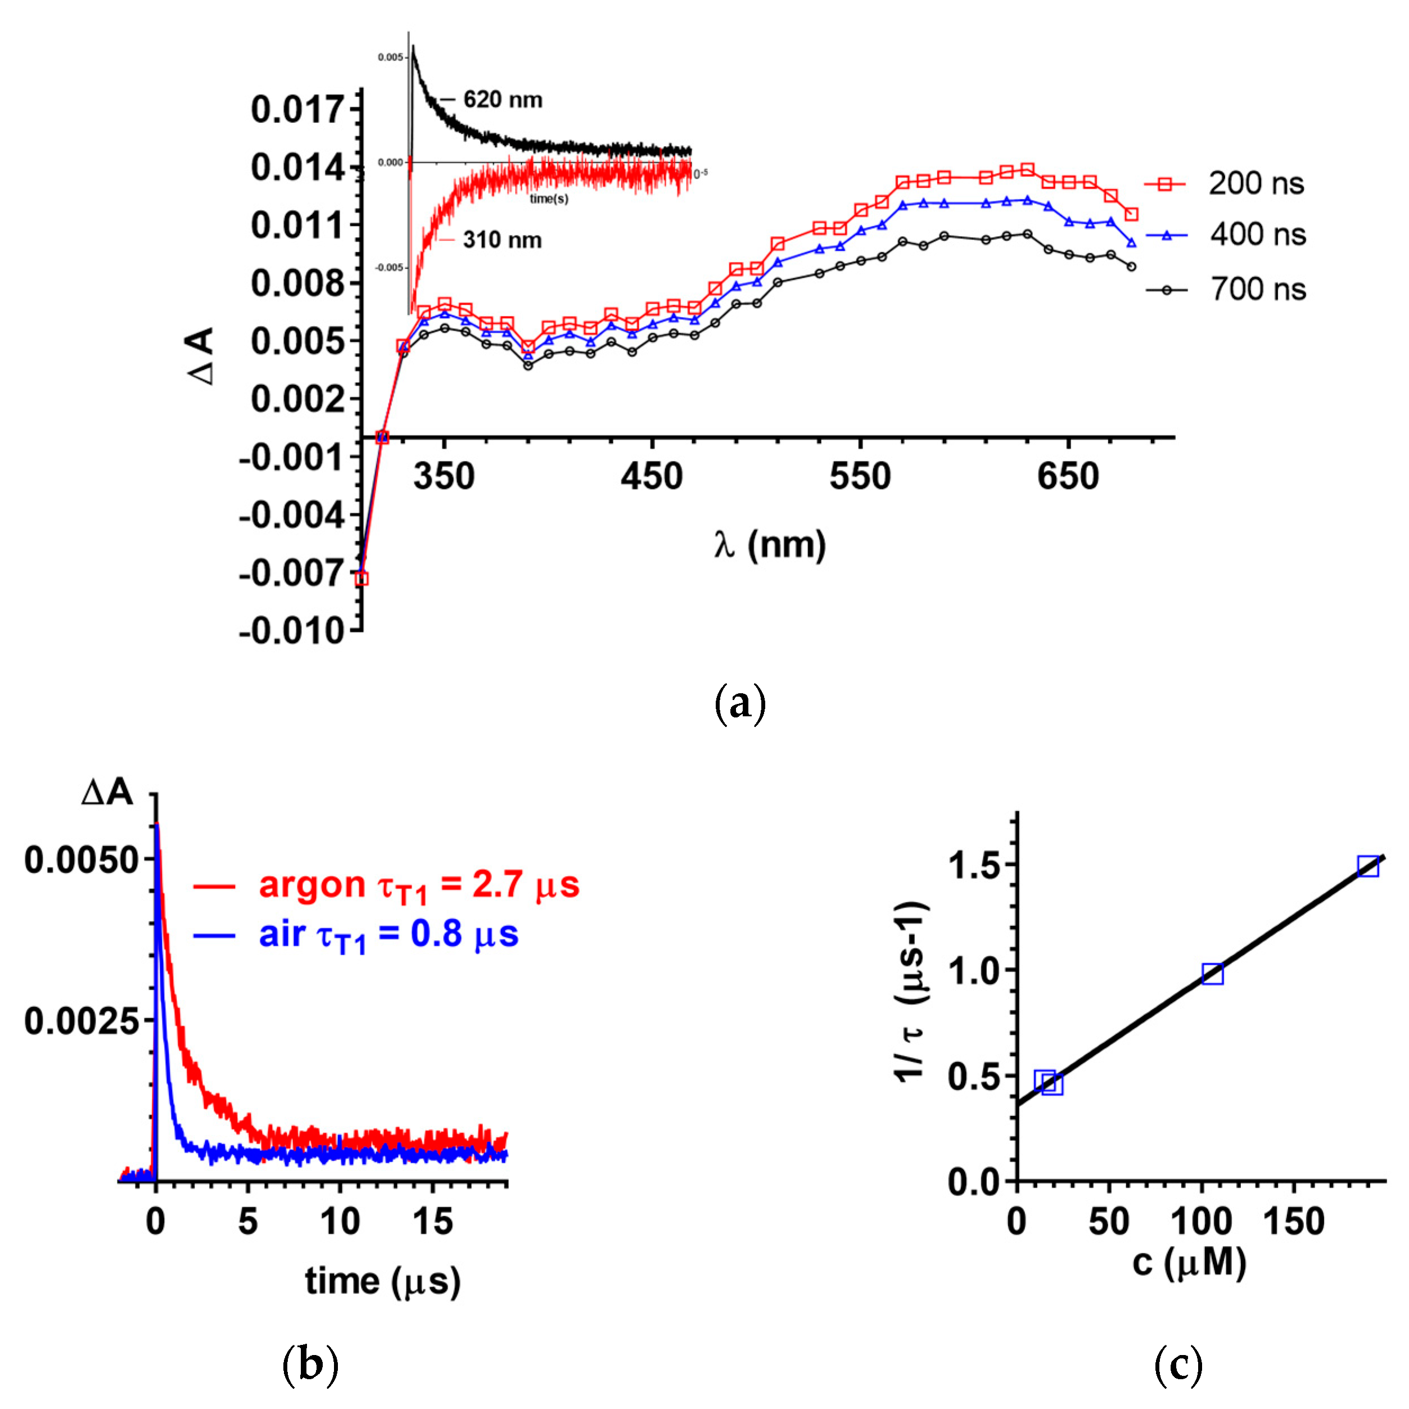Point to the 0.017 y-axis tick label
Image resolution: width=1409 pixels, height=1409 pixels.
tap(297, 110)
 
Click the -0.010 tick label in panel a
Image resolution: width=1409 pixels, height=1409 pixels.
tap(291, 630)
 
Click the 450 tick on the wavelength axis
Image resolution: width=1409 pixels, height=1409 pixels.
tap(651, 477)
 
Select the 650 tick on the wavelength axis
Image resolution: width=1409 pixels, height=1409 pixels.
tap(1068, 477)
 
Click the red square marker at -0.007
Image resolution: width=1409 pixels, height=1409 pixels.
tap(361, 579)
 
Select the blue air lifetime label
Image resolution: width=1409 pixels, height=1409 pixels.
tap(388, 936)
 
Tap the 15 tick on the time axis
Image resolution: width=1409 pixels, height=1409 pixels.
tap(432, 1221)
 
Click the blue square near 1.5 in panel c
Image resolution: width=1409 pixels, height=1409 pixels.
tap(1367, 866)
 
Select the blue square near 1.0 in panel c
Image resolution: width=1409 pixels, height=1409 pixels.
tap(1212, 974)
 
